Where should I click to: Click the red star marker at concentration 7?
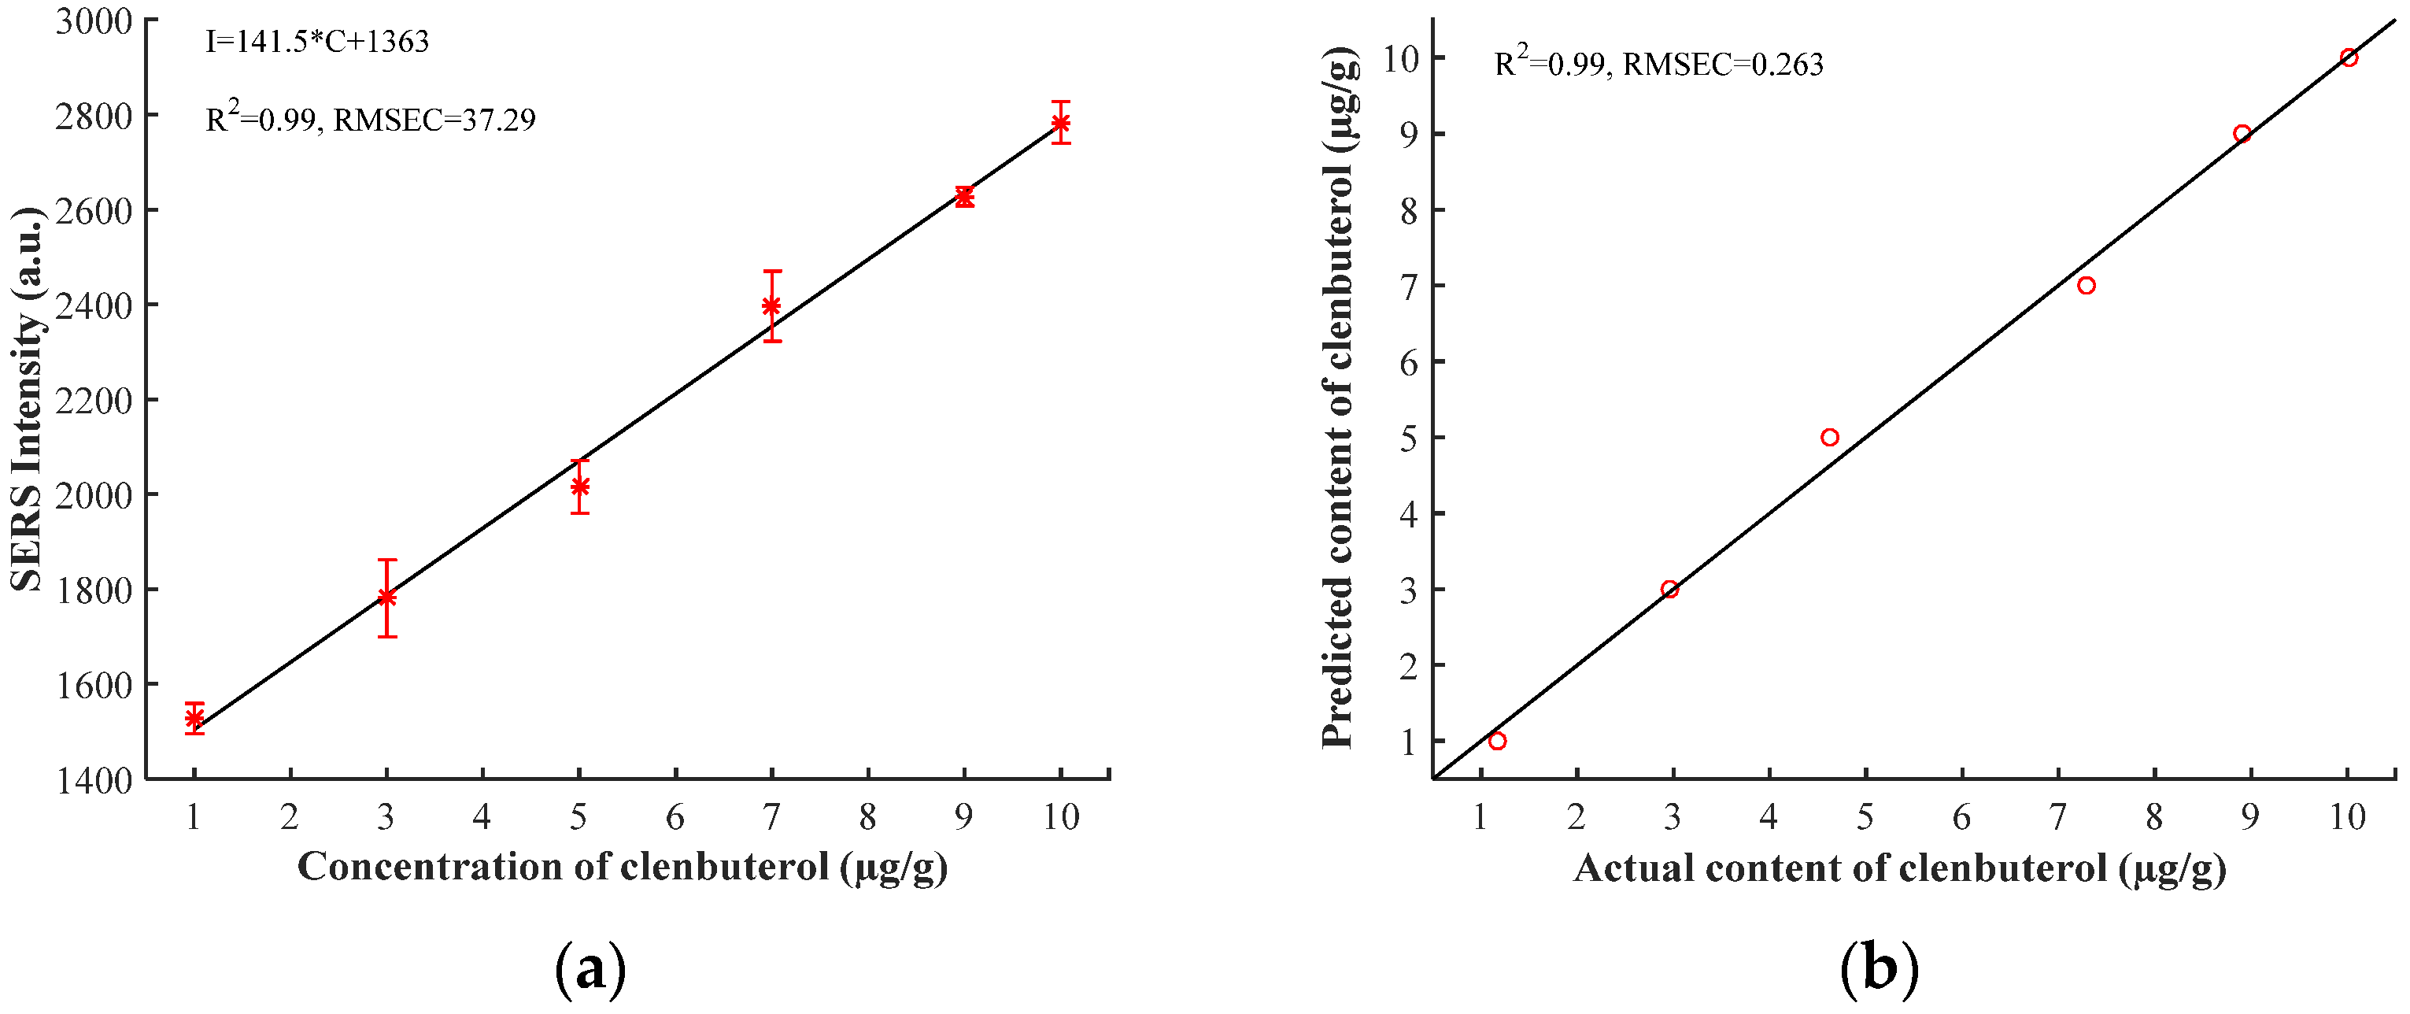click(771, 306)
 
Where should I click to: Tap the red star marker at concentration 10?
click(1060, 123)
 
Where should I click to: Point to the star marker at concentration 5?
click(579, 487)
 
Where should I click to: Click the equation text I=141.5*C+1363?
click(317, 42)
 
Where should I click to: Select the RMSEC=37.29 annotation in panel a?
click(434, 120)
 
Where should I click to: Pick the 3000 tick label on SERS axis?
click(94, 20)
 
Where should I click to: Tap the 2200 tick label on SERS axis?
click(94, 401)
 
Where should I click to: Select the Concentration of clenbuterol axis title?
click(622, 867)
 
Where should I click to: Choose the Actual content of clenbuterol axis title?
click(1899, 869)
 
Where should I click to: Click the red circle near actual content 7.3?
click(2086, 285)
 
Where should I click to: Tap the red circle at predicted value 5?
click(1829, 438)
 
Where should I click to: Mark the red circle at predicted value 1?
click(1497, 741)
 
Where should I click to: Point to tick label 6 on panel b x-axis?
click(1961, 817)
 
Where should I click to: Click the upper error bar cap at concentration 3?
click(386, 561)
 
